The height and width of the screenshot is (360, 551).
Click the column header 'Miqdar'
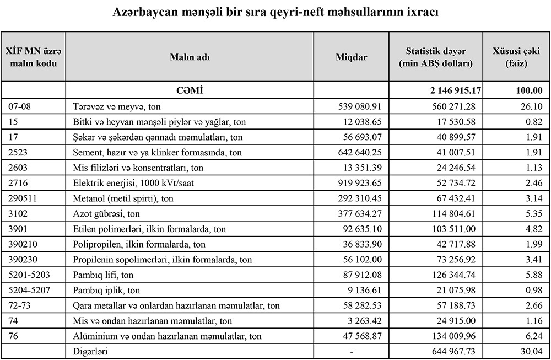pyautogui.click(x=351, y=57)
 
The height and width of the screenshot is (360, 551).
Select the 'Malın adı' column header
pyautogui.click(x=189, y=57)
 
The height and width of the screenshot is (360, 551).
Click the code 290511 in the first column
pyautogui.click(x=21, y=197)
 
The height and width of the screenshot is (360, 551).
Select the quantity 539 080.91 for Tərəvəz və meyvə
pyautogui.click(x=359, y=106)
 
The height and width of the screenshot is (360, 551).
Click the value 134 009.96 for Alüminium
pyautogui.click(x=456, y=335)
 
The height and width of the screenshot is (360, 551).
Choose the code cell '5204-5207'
pyautogui.click(x=24, y=289)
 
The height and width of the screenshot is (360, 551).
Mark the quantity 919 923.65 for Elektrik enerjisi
pyautogui.click(x=359, y=182)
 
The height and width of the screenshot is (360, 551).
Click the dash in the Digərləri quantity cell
pyautogui.click(x=351, y=351)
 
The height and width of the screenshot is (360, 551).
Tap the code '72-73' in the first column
pyautogui.click(x=18, y=304)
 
